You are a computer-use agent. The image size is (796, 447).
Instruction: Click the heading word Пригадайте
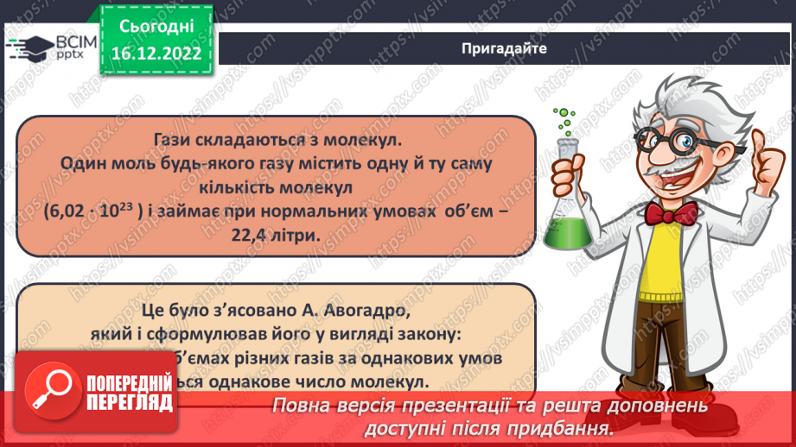tap(505, 48)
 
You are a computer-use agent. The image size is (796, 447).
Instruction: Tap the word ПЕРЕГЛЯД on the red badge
tap(129, 403)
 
